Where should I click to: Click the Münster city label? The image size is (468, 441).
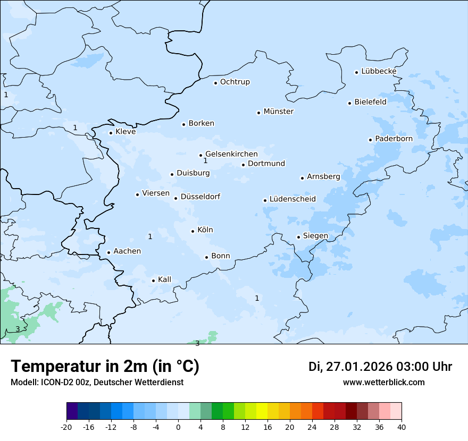click(x=279, y=112)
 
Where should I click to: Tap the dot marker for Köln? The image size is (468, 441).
click(x=193, y=231)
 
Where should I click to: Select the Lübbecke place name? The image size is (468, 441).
click(x=379, y=71)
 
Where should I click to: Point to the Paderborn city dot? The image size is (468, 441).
click(x=370, y=140)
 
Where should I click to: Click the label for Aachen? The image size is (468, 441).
click(x=127, y=251)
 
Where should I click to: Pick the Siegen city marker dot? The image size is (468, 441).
click(x=298, y=238)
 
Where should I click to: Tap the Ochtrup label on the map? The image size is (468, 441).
click(x=235, y=82)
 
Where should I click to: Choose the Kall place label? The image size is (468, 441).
click(x=165, y=279)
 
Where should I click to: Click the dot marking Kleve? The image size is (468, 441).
click(x=111, y=133)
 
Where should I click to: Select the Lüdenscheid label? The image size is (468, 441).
click(x=292, y=199)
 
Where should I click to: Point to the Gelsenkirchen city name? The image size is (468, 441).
click(x=231, y=154)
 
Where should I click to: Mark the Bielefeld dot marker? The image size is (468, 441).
click(x=349, y=103)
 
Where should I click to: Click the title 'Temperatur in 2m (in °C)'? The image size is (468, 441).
click(x=105, y=367)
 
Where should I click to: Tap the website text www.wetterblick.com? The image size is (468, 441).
click(x=384, y=382)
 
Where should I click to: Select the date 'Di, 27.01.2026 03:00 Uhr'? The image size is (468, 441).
click(x=380, y=367)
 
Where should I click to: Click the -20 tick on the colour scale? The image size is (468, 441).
click(x=66, y=427)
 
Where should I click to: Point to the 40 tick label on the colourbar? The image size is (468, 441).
click(x=402, y=427)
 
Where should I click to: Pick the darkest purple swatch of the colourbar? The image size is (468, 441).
click(x=72, y=411)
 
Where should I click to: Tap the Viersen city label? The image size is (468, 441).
click(x=156, y=193)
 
